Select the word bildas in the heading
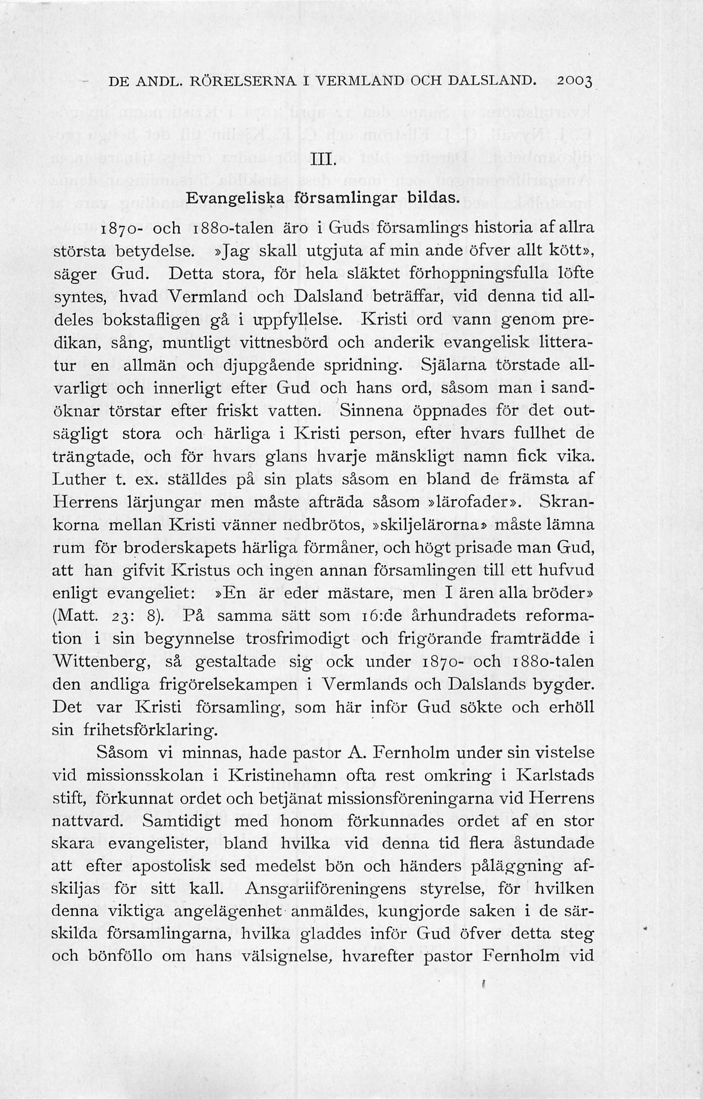430,199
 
